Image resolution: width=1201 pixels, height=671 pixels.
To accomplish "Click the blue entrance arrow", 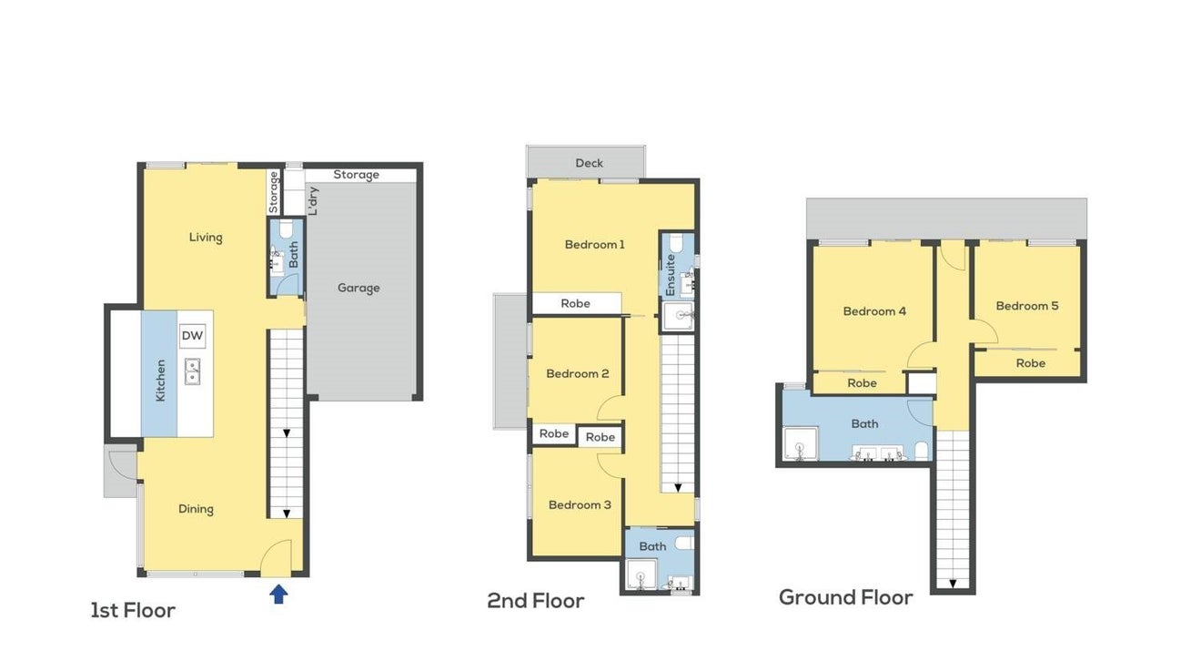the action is pos(278,595).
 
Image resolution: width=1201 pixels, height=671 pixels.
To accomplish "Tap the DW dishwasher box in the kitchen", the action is pos(193,336).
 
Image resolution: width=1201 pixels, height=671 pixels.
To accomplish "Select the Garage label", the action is pos(358,288).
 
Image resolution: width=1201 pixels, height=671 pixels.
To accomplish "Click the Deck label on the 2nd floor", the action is pos(590,163).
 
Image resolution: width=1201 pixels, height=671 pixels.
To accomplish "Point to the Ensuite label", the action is pos(671,275).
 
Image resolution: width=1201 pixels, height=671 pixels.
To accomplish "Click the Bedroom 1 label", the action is pos(595,245).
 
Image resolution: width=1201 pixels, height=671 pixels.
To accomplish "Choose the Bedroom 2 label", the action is pos(578,373).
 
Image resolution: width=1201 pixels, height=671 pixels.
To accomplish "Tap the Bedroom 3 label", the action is pos(580,504).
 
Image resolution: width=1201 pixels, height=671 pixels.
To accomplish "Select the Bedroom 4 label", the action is pos(874,311).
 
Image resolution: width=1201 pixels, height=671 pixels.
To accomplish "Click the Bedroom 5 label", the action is pos(1027,306).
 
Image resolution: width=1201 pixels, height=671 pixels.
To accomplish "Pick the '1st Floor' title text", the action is pos(133,610).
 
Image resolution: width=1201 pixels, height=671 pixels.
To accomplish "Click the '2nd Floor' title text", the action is pos(536,601).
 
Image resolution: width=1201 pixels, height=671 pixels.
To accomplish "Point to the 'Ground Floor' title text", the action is pos(845,597).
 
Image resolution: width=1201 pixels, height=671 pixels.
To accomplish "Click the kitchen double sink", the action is pos(193,371).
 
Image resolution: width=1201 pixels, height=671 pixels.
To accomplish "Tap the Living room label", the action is pos(206,237).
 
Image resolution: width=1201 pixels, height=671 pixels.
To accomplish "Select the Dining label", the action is pos(196,509).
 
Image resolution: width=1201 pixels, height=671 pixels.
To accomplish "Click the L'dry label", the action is pos(314,201).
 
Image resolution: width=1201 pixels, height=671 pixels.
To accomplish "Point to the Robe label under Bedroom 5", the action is pos(1031,363).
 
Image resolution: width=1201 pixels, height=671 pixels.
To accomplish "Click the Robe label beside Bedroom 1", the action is pos(575,303).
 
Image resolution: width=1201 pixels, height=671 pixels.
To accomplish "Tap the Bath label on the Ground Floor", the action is pos(865,423).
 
